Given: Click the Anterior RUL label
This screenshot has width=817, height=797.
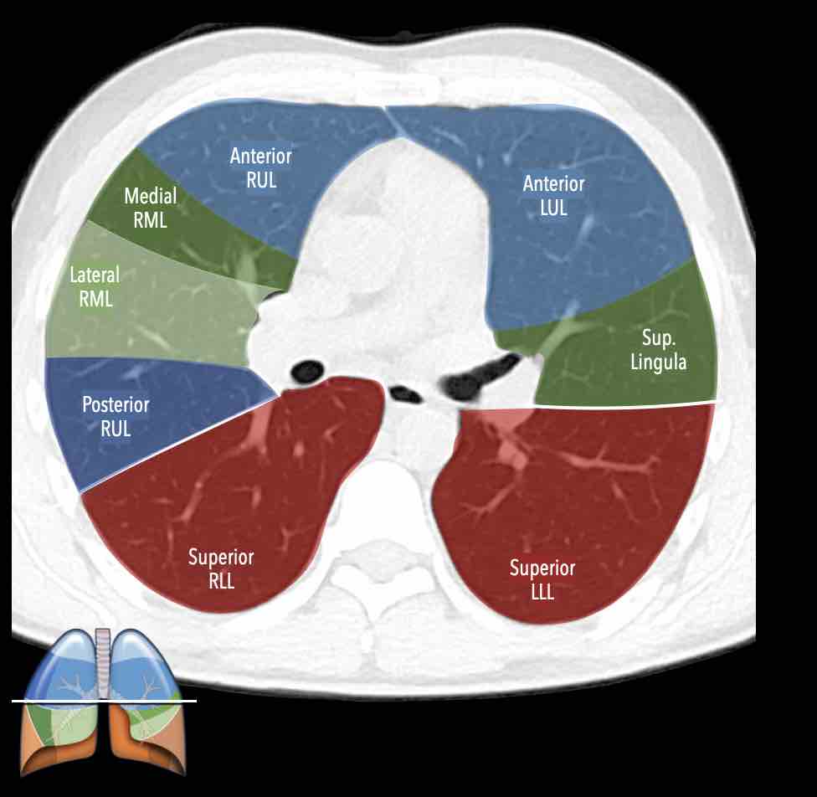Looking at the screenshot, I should click(261, 167).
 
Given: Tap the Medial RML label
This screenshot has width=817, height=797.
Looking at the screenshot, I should click(151, 208).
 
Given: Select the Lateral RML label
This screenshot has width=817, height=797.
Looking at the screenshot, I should click(95, 285).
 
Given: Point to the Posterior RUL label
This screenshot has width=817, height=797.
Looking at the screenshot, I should click(116, 416).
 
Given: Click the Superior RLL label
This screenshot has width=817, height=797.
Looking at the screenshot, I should click(221, 568).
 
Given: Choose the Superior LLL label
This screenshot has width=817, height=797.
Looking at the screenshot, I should click(542, 579).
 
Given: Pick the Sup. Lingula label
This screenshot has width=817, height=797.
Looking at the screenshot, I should click(665, 350).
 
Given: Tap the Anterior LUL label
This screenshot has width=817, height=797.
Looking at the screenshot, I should click(553, 194).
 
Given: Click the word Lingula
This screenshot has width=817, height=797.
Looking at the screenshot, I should click(665, 363).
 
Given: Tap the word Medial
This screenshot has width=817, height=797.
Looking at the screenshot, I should click(151, 197).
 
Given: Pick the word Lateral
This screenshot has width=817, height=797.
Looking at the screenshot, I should click(95, 275).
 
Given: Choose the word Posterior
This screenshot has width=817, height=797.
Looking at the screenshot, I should click(116, 405).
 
